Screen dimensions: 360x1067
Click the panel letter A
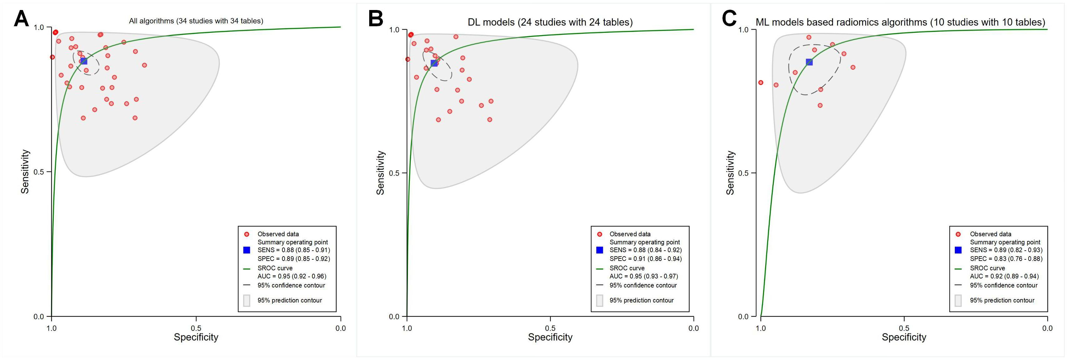click(21, 19)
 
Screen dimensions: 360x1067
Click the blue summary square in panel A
click(84, 61)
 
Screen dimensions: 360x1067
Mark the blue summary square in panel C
click(809, 62)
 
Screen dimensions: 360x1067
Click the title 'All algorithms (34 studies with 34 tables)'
click(196, 21)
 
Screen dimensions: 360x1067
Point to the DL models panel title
click(550, 22)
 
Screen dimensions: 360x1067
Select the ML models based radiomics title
click(900, 22)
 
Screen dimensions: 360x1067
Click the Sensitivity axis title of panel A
click(25, 172)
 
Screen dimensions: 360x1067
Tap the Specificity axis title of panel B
click(550, 337)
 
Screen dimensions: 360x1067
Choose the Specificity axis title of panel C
click(904, 337)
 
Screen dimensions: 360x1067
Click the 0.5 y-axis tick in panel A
click(39, 172)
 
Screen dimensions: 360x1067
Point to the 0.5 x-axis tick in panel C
click(904, 328)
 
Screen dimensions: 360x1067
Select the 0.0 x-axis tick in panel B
click(693, 328)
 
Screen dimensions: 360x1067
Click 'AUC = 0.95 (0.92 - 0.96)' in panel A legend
click(292, 276)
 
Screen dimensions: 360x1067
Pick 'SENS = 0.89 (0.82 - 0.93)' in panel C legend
click(1006, 250)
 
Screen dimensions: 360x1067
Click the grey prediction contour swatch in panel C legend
click(958, 300)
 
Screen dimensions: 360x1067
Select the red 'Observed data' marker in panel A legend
click(247, 234)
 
